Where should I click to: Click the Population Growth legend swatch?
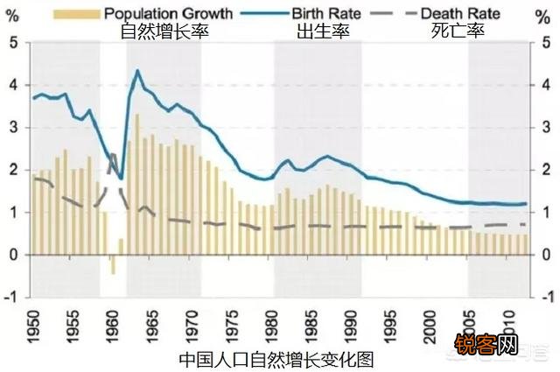(x=82, y=14)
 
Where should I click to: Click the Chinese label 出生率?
(x=321, y=31)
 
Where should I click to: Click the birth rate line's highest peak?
(x=137, y=71)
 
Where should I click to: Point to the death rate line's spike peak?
(x=113, y=156)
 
